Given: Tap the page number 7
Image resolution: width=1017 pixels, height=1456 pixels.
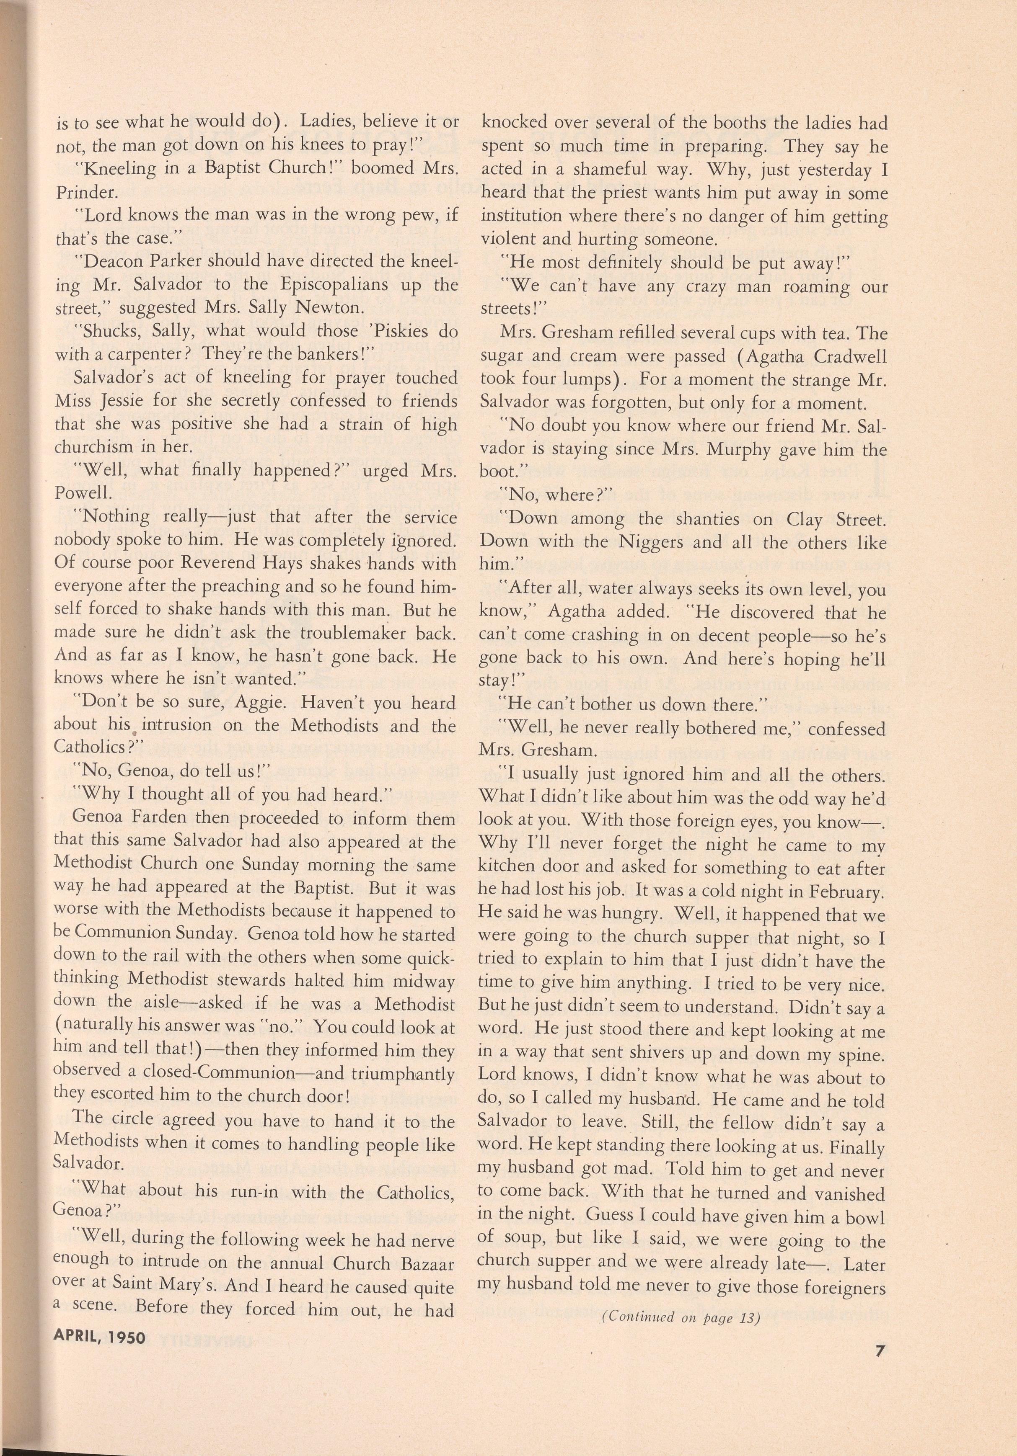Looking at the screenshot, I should [879, 1369].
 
